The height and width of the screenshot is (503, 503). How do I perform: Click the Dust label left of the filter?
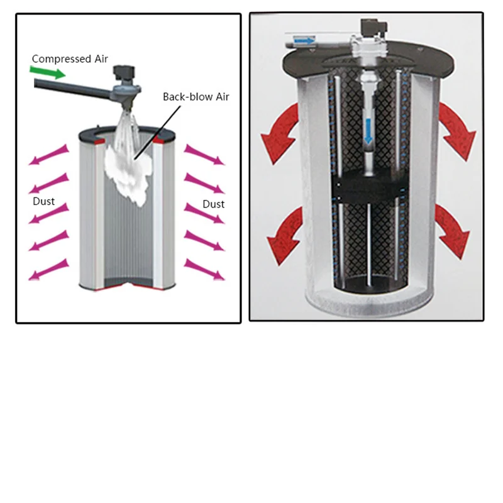pos(44,202)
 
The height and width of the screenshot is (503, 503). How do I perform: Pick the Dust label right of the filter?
pos(214,204)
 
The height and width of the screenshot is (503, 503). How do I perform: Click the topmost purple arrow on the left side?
pos(48,155)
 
